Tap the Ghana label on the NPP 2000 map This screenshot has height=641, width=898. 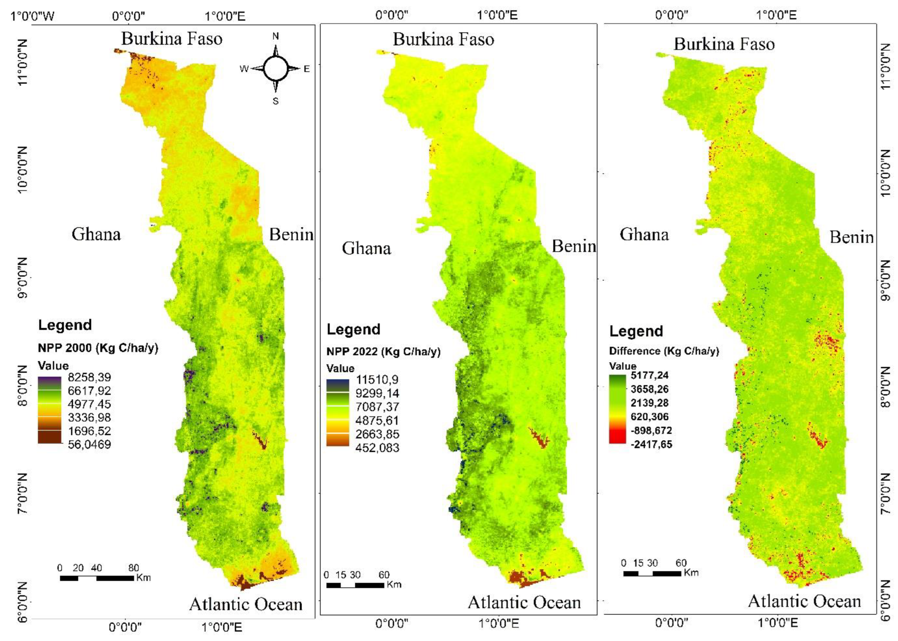[x=96, y=234]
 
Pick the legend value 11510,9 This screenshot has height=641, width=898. [x=377, y=380]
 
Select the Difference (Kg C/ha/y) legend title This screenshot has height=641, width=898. [x=664, y=351]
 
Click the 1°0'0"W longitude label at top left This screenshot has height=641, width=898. [x=33, y=16]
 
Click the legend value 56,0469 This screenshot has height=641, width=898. [x=89, y=444]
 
